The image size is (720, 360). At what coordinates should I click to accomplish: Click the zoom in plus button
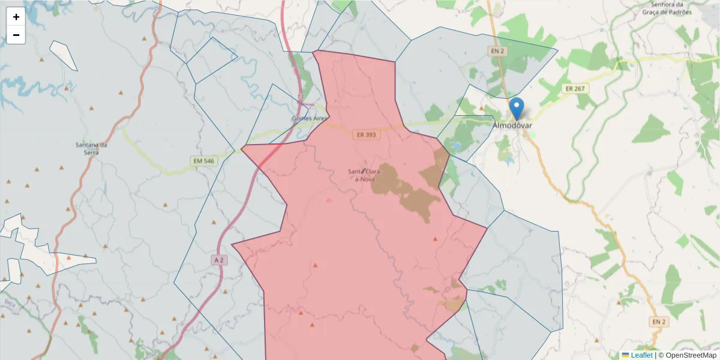click(16, 17)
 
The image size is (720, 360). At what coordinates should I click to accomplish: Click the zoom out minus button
click(16, 35)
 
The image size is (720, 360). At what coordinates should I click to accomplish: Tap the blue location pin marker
click(516, 109)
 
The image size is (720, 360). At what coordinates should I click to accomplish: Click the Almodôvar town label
click(512, 125)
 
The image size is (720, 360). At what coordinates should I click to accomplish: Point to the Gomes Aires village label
click(310, 118)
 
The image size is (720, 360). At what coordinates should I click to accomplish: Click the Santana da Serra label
click(91, 148)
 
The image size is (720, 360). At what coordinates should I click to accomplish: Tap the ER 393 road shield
click(366, 135)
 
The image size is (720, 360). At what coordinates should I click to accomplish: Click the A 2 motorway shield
click(220, 260)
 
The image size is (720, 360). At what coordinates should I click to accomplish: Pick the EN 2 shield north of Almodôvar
click(497, 51)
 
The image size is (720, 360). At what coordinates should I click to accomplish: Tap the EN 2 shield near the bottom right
click(658, 322)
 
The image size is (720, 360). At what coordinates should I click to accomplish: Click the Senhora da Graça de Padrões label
click(667, 8)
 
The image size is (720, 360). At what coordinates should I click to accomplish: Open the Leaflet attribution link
click(641, 355)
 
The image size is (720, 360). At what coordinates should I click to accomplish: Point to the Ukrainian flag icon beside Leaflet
click(625, 355)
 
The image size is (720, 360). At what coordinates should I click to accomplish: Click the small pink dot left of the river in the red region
click(328, 200)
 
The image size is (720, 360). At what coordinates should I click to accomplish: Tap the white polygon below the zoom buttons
click(62, 55)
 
